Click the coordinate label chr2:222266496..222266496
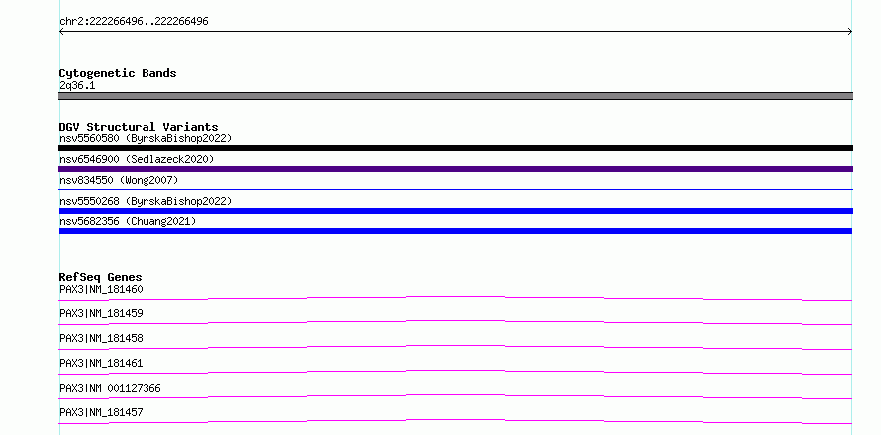point(134,22)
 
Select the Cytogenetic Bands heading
point(118,73)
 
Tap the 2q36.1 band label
point(77,85)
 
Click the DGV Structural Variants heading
point(139,127)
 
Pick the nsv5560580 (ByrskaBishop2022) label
point(146,138)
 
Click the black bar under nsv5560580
point(455,148)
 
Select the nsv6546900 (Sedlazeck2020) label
point(137,159)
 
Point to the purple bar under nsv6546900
point(455,169)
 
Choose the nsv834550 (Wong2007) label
point(119,180)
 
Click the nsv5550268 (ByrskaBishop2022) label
point(146,201)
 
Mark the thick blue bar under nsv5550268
point(455,211)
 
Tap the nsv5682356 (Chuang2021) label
point(128,221)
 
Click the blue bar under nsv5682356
point(455,231)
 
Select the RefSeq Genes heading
point(100,277)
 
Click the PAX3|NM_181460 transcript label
point(101,289)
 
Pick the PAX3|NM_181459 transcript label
point(101,313)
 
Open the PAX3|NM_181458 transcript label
point(101,338)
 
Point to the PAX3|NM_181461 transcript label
point(101,363)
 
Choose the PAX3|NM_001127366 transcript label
point(110,388)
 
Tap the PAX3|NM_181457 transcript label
point(101,412)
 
